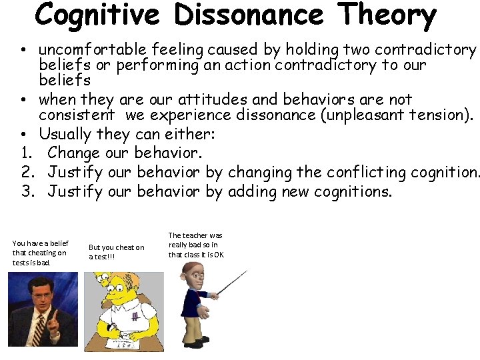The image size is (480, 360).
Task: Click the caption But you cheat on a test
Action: (x=116, y=252)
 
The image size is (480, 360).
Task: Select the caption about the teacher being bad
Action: (x=197, y=245)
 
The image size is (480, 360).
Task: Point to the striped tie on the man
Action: (x=41, y=331)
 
